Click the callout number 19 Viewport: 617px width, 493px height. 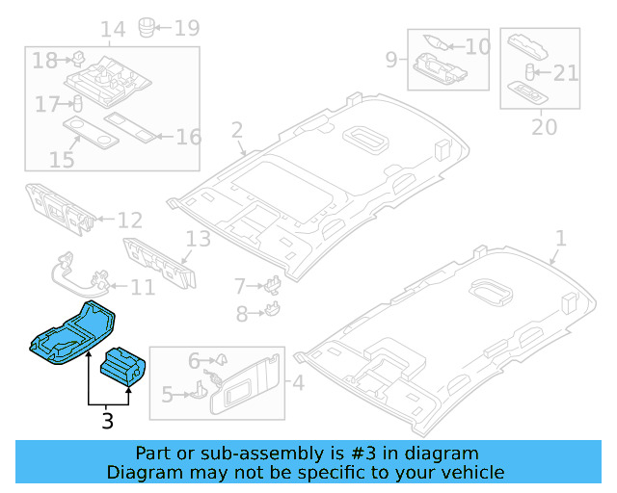coord(186,27)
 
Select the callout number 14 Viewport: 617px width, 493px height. coord(113,29)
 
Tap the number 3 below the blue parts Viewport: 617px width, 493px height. coord(107,421)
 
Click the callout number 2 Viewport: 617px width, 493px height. coord(237,130)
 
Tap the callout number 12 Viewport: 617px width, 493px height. coord(129,221)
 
